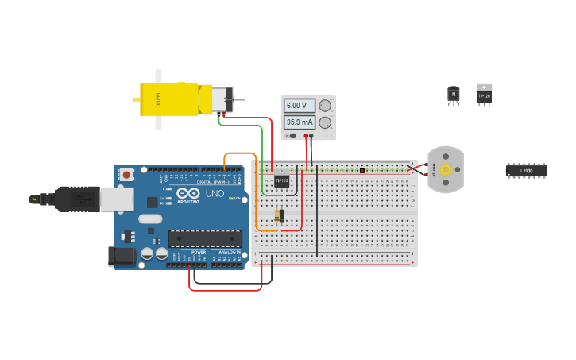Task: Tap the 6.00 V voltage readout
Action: point(298,105)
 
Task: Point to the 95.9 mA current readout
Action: point(300,122)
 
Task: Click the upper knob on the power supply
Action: point(325,105)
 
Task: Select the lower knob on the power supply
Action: point(325,122)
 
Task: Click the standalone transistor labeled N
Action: point(454,95)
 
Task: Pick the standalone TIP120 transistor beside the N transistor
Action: point(484,95)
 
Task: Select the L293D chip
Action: point(526,170)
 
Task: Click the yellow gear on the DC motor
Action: point(446,169)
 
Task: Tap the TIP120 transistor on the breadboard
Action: point(281,180)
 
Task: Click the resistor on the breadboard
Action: point(278,215)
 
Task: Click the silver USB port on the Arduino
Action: point(116,199)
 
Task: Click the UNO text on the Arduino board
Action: point(215,194)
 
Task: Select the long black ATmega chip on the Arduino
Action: point(205,238)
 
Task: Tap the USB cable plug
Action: point(75,199)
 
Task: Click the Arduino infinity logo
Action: point(188,193)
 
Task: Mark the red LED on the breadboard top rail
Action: point(362,170)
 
